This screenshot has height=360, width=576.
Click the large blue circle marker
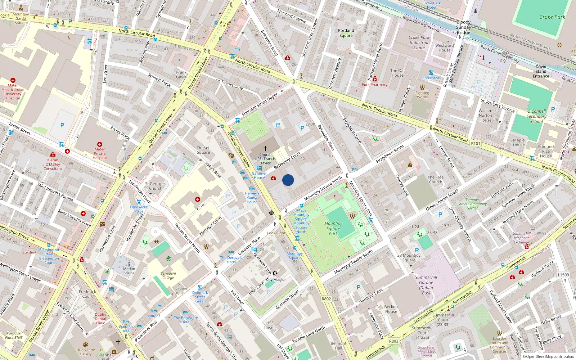point(288,180)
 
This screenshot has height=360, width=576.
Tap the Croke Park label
point(552,17)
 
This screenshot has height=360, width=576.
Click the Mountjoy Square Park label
point(333,229)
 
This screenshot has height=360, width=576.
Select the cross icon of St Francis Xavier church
point(265,148)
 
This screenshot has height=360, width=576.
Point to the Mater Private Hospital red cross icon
point(100,144)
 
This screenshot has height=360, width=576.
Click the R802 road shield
point(326,299)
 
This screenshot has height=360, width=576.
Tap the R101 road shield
point(476,143)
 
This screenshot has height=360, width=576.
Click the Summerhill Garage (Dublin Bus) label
point(426,285)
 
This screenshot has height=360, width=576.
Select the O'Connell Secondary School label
point(536,116)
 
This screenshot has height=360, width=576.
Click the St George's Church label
point(156,186)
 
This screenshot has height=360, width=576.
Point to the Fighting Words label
point(422,95)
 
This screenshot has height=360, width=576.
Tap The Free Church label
point(435,179)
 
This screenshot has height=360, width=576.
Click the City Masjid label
point(275,279)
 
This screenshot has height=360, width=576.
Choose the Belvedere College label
point(168,275)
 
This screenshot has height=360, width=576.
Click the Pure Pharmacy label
point(374,85)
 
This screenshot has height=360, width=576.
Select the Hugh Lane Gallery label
point(86,352)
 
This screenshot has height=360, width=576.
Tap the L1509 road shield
point(563,275)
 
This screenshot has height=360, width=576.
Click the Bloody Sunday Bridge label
point(463,27)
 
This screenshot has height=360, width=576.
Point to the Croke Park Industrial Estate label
point(419,42)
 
